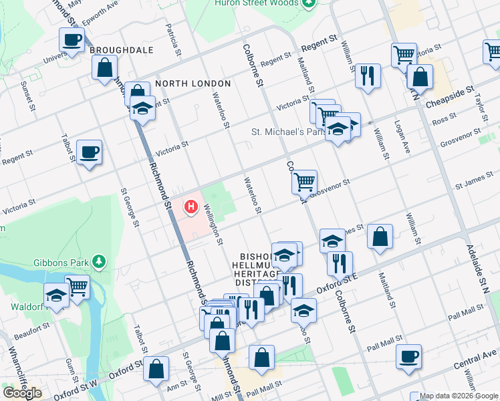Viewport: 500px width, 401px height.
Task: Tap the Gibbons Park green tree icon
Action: pos(99,260)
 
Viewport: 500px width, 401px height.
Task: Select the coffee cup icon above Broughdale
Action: pos(72,39)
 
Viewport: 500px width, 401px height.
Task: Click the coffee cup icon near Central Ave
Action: pos(408,356)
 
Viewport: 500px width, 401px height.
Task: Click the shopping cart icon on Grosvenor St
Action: pos(304,180)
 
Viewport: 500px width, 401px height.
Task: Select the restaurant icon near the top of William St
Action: pos(367,75)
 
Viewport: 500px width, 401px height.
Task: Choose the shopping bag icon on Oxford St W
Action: pos(156,368)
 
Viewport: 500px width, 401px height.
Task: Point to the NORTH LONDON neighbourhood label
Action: pos(193,84)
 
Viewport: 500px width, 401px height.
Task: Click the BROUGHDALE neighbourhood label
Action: pos(122,50)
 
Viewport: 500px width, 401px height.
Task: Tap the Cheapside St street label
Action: pos(449,92)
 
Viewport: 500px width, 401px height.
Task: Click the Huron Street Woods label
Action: pos(255,3)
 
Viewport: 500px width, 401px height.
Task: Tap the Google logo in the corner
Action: pos(22,392)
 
